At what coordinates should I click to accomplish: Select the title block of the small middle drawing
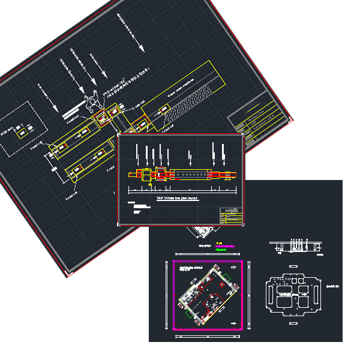tap(232, 216)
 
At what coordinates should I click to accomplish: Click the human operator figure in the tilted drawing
tap(92, 102)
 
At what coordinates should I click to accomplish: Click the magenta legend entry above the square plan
tap(225, 246)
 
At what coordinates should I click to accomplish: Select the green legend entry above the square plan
tap(221, 249)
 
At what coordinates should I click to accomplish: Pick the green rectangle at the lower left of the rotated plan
tap(188, 313)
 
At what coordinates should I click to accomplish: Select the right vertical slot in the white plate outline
tap(314, 292)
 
